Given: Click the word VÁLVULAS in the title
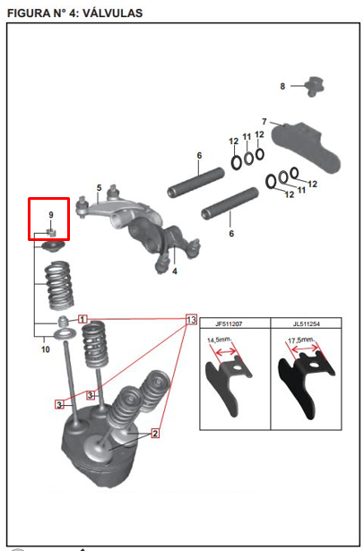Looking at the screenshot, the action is (x=112, y=13).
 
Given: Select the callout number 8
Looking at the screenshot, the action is (x=282, y=86).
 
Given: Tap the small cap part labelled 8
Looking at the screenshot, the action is (x=315, y=86).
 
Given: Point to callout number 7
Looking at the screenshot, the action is (x=264, y=122).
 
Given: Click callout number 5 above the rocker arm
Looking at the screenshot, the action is (x=100, y=188).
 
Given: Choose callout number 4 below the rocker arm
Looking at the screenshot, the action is (x=175, y=271).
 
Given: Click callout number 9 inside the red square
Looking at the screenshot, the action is (x=51, y=215).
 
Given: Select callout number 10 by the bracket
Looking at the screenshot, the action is (x=46, y=349).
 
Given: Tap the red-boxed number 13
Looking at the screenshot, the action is (x=191, y=320).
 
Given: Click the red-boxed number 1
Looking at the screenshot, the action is (x=82, y=320).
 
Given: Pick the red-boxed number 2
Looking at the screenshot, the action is (x=155, y=434).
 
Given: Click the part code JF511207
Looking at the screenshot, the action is (x=229, y=324).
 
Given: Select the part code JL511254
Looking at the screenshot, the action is (x=307, y=324).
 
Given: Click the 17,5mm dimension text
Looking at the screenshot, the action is (x=302, y=340).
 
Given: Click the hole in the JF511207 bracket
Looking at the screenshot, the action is (x=238, y=368).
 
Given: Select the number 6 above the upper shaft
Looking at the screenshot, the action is (x=199, y=155).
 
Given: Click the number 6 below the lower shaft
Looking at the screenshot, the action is (x=231, y=233).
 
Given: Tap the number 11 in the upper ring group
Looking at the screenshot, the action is (x=247, y=136).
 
